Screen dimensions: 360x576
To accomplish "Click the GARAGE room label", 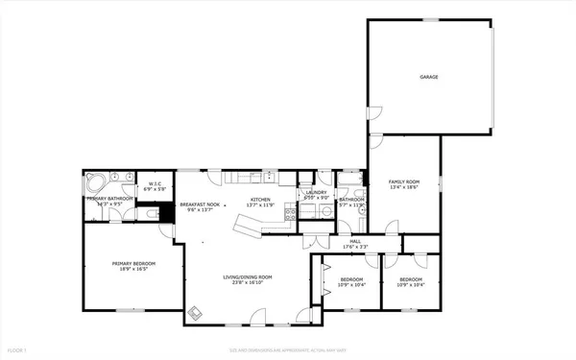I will (x=428, y=77).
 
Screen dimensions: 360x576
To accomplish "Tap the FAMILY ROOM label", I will (x=404, y=181).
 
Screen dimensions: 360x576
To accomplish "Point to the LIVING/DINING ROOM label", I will (x=248, y=276).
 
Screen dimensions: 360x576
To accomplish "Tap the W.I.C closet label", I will (x=153, y=183).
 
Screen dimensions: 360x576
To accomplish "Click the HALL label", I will (x=355, y=241).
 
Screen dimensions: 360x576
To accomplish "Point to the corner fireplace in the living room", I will (x=196, y=311).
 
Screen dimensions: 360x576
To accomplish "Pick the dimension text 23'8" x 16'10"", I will (x=248, y=283).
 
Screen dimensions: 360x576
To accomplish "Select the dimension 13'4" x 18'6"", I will (x=404, y=188).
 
